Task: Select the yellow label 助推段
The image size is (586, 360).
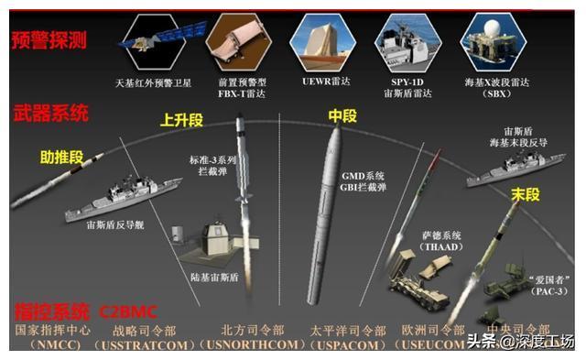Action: (60, 157)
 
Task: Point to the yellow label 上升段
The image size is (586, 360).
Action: (180, 119)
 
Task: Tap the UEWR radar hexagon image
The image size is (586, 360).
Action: (318, 38)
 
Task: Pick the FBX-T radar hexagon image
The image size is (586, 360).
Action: (232, 38)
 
